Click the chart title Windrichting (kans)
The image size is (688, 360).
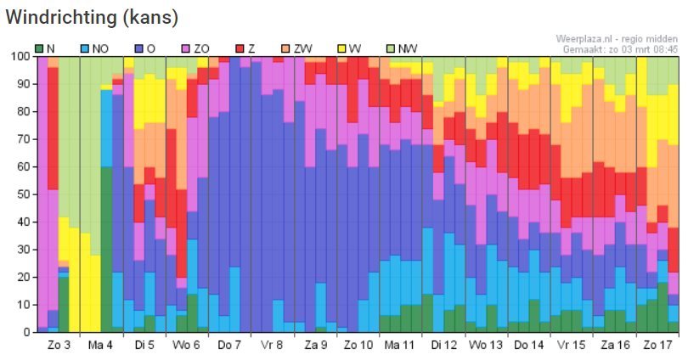pos(92,18)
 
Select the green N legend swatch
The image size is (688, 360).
pos(39,48)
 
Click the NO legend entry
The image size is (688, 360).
pos(95,48)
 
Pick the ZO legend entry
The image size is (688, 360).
pos(195,48)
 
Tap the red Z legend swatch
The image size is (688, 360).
pos(240,48)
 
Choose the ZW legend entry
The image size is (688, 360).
pos(297,48)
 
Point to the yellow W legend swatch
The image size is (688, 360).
pos(341,48)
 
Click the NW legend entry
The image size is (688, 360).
pos(402,48)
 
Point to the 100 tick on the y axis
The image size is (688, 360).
pos(20,57)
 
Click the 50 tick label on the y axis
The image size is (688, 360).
pos(24,194)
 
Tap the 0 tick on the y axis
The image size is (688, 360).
pos(27,332)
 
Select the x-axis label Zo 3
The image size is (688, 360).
pos(59,345)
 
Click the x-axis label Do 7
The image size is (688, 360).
pos(229,345)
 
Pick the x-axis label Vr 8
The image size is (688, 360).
pos(272,345)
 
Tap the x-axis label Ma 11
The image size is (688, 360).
pos(399,345)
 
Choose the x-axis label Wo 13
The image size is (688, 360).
pos(486,345)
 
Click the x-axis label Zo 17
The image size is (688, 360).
pos(657,345)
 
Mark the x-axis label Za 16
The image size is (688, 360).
pos(615,345)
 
